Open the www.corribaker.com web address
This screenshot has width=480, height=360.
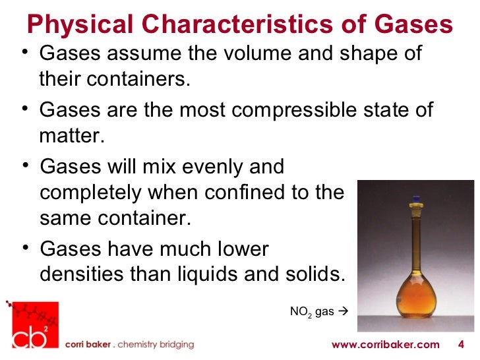click(x=385, y=345)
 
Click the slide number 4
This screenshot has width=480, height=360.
click(x=460, y=345)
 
